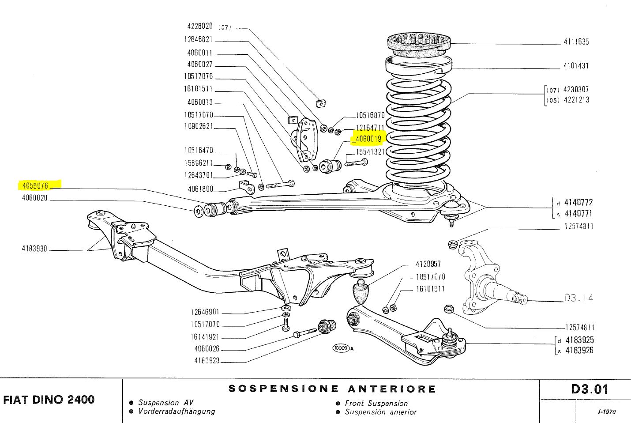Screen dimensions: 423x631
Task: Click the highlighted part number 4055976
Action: pyautogui.click(x=34, y=185)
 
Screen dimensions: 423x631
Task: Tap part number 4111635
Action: pyautogui.click(x=576, y=42)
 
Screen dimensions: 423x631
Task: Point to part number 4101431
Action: pyautogui.click(x=576, y=66)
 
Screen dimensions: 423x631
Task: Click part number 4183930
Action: pyautogui.click(x=34, y=249)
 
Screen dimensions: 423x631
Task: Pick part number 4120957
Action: pyautogui.click(x=428, y=264)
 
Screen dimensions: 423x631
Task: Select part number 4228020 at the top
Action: pyautogui.click(x=199, y=26)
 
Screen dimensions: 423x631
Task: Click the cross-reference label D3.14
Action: pyautogui.click(x=579, y=298)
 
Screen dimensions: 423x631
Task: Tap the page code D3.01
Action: pyautogui.click(x=589, y=389)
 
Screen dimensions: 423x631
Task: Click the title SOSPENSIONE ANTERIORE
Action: pyautogui.click(x=332, y=389)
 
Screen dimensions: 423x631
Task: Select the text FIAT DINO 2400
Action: pyautogui.click(x=49, y=400)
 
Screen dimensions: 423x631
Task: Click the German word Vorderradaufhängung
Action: pyautogui.click(x=177, y=412)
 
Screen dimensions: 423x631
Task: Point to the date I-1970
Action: pyautogui.click(x=607, y=412)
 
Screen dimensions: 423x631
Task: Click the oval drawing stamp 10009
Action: pyautogui.click(x=341, y=348)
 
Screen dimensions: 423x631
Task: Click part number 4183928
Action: pyautogui.click(x=207, y=361)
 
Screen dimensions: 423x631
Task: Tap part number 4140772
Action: pyautogui.click(x=578, y=203)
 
